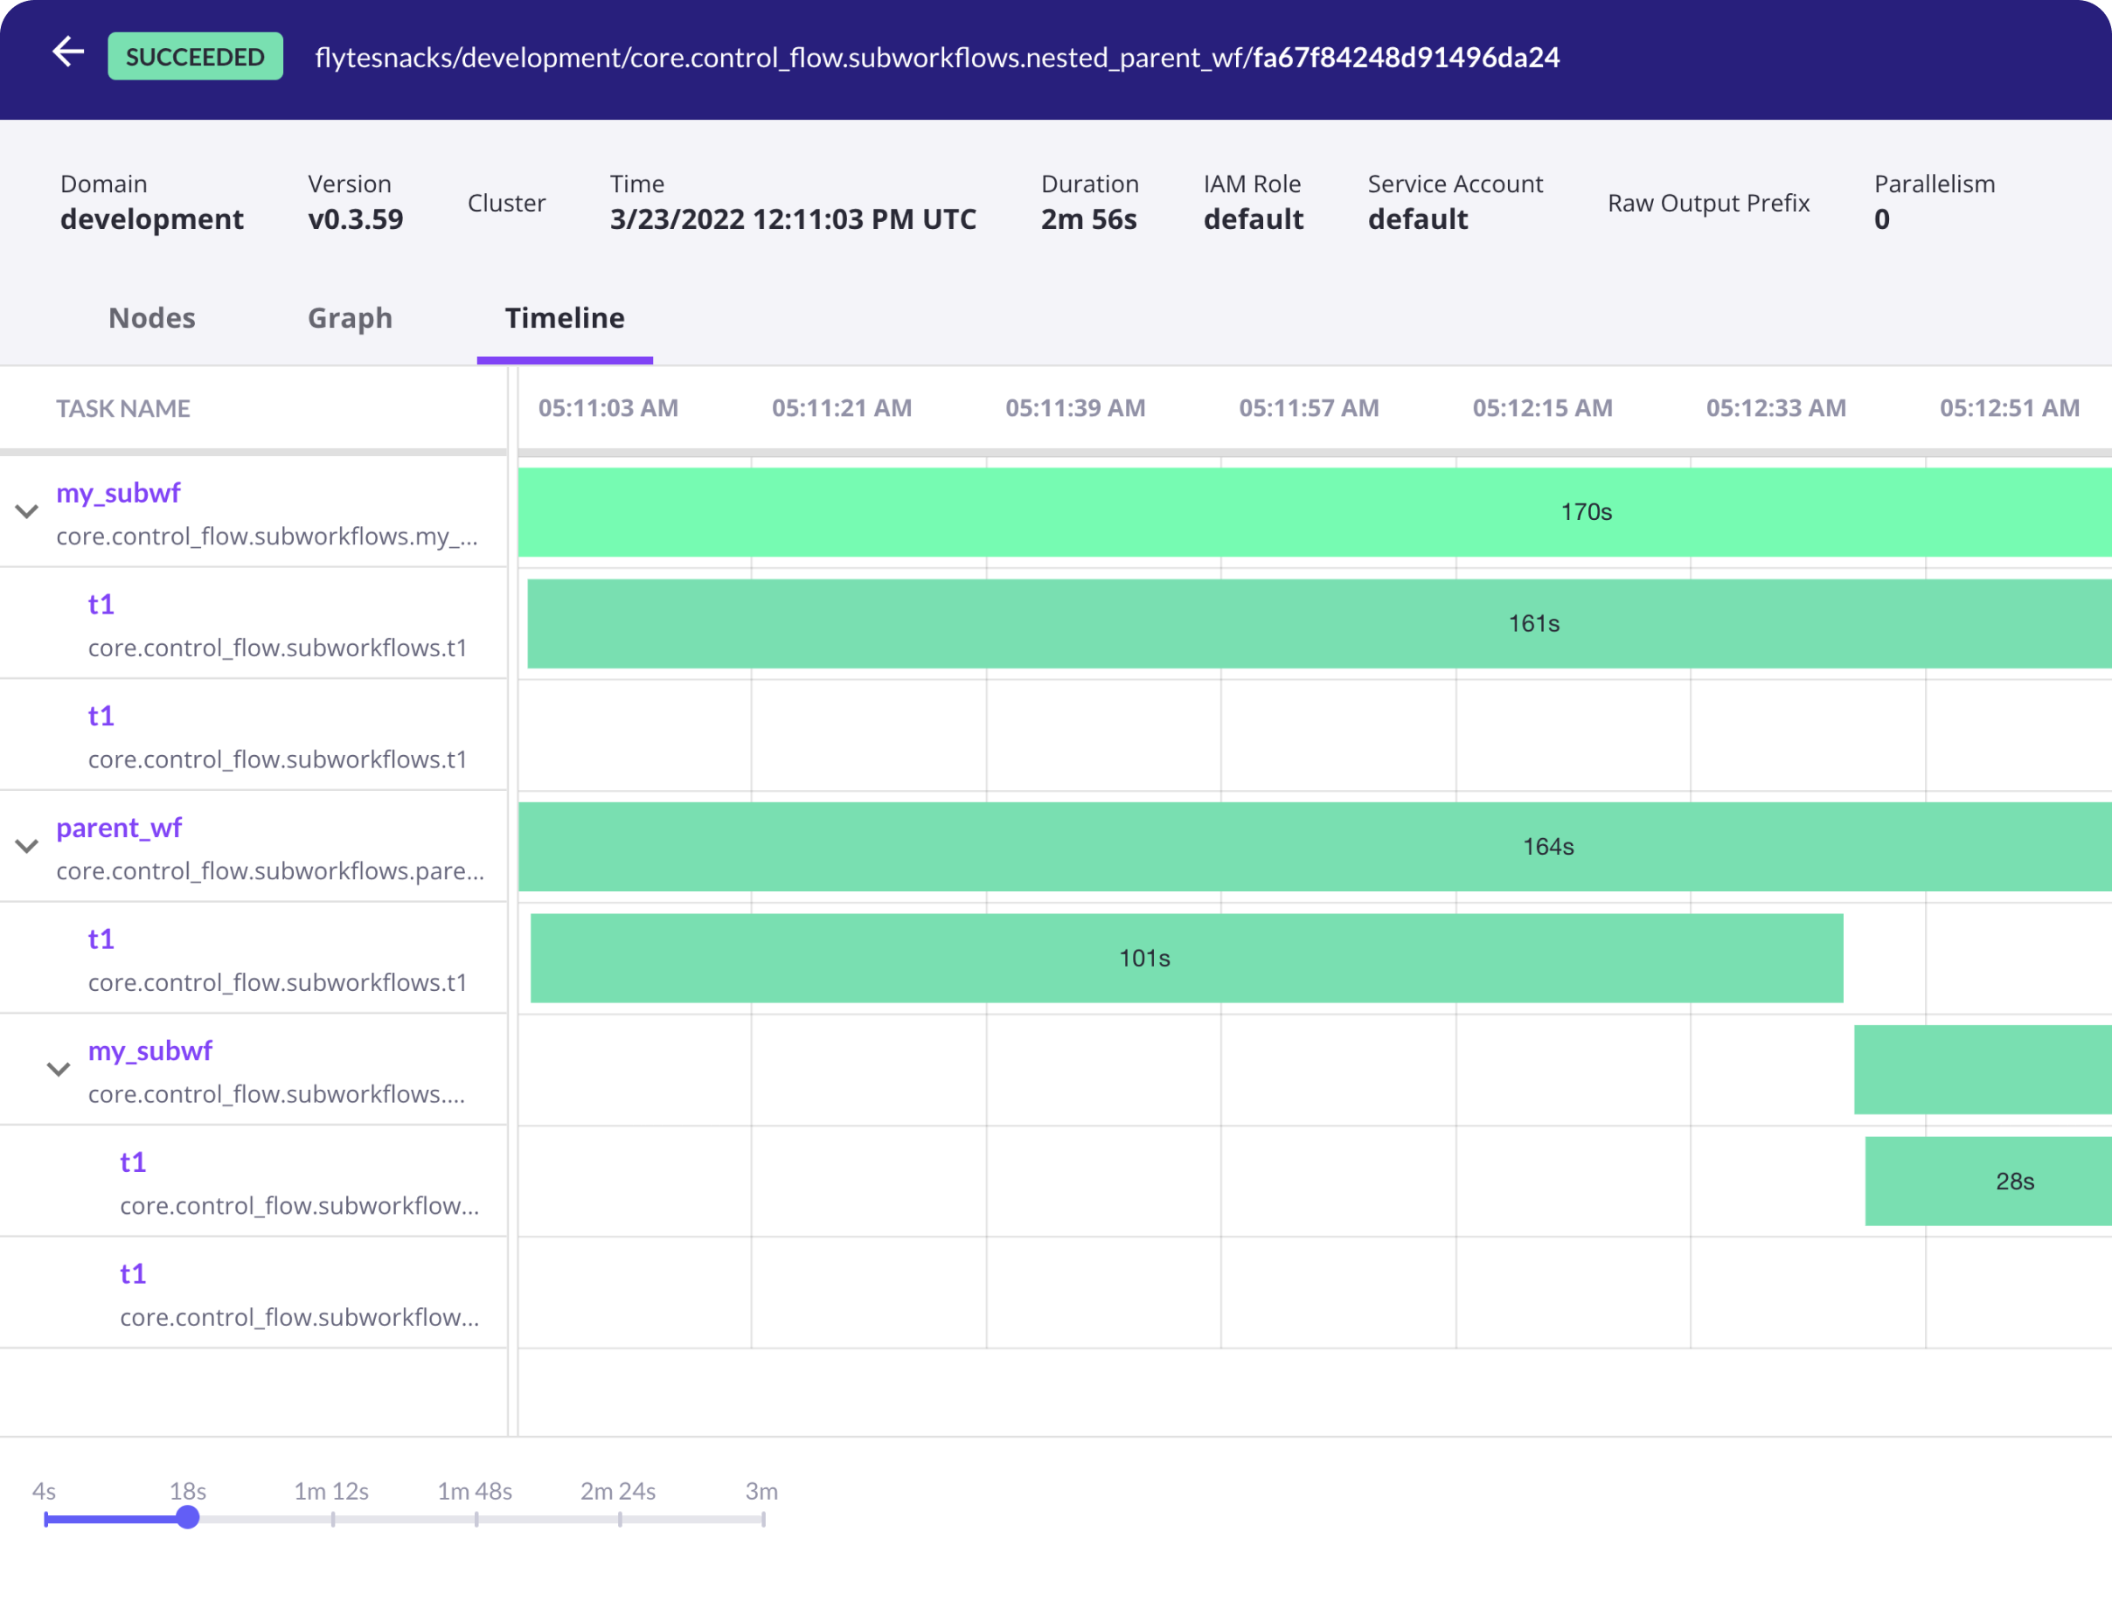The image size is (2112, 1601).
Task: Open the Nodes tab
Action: tap(152, 318)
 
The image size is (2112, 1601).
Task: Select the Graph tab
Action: tap(350, 318)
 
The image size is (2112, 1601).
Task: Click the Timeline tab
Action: tap(565, 318)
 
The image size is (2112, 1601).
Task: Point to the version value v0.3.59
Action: tap(355, 219)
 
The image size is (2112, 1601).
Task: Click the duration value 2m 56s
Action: tap(1088, 219)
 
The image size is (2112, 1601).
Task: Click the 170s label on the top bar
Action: tap(1586, 512)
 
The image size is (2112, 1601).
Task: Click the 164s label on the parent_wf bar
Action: tap(1547, 847)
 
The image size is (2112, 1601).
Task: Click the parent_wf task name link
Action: tap(118, 828)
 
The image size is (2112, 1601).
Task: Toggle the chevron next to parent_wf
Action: tap(27, 846)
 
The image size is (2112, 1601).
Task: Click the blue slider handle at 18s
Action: tap(188, 1517)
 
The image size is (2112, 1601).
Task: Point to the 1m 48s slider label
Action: tap(475, 1491)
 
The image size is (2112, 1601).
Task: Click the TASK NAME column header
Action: tap(123, 409)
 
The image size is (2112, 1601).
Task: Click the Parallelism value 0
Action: tap(1881, 219)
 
